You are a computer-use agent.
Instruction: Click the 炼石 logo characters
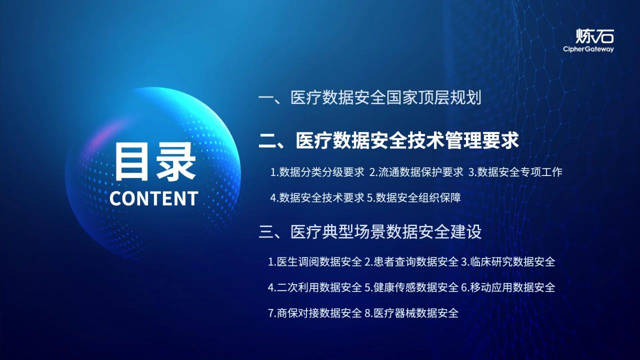594,35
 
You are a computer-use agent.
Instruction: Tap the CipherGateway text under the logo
588,49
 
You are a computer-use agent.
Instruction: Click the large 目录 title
154,161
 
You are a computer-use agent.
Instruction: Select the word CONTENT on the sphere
154,198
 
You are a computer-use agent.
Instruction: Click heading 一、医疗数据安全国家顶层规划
370,97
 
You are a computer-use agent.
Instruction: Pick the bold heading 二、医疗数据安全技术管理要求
388,140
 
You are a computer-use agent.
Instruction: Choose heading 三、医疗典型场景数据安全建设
370,232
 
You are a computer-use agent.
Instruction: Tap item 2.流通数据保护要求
416,172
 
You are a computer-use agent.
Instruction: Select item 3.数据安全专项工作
515,172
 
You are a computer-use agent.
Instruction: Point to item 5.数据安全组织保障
413,197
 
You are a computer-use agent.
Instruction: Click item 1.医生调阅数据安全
315,261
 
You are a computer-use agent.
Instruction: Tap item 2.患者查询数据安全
411,261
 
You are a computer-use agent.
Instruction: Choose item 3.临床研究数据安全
508,261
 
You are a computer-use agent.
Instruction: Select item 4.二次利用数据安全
315,287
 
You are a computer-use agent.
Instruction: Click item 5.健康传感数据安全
411,287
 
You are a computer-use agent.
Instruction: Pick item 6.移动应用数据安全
508,287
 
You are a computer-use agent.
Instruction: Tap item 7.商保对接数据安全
315,313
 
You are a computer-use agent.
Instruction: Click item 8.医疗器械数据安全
411,313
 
